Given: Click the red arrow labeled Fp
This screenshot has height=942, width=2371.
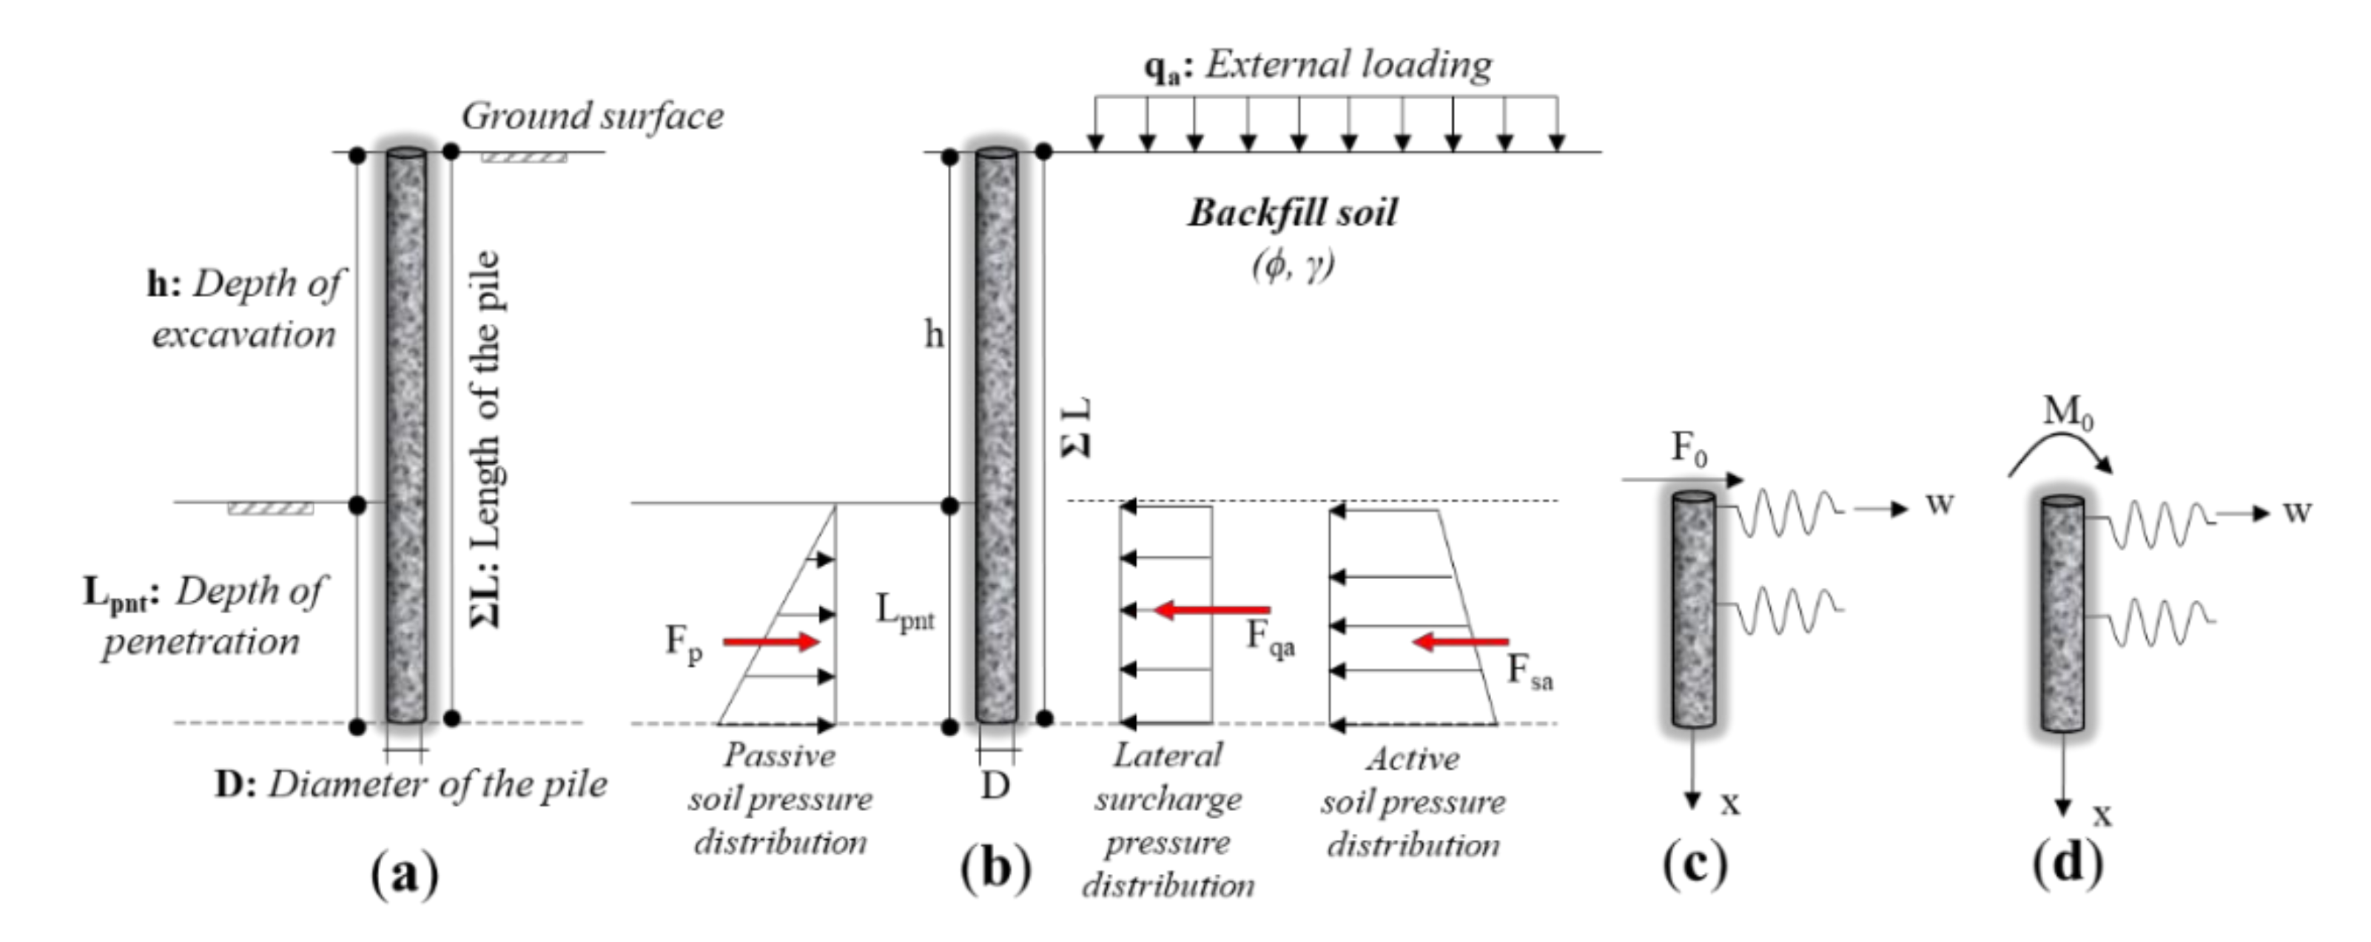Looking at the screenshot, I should point(770,641).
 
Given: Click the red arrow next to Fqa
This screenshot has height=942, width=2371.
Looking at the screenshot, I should point(1212,609).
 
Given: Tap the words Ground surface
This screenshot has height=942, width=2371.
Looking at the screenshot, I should point(592,116).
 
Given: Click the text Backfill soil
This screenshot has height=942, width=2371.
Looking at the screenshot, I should point(1291,213).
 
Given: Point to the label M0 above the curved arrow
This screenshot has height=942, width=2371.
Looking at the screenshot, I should point(2068,411).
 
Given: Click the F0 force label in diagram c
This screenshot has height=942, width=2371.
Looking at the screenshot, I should point(1688,449).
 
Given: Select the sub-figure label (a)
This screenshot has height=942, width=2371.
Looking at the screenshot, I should point(404,871).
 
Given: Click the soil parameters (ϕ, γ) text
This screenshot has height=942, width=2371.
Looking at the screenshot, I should point(1292,265).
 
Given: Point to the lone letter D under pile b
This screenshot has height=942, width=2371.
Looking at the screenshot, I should point(995,786).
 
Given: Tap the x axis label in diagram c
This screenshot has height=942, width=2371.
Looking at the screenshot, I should point(1730,803).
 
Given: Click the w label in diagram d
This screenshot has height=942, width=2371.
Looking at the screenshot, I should point(2296,511).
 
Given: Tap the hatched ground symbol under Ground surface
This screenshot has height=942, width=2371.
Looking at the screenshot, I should point(524,158).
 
